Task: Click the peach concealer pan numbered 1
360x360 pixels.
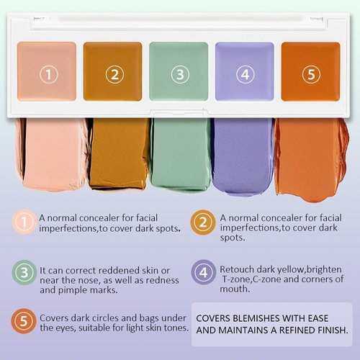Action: pos(48,71)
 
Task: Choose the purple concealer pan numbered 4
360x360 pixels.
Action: pos(245,71)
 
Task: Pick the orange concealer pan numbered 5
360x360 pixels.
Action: pos(310,71)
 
